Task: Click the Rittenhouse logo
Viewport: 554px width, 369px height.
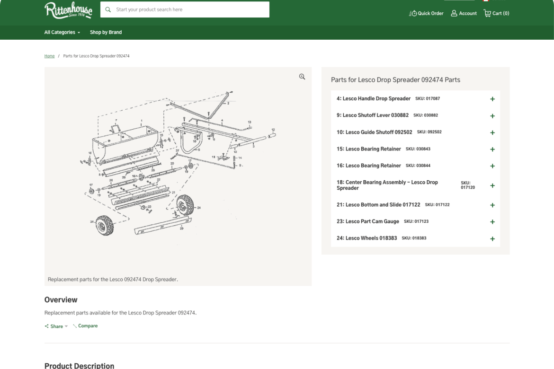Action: pyautogui.click(x=68, y=10)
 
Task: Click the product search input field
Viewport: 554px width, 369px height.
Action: pyautogui.click(x=189, y=9)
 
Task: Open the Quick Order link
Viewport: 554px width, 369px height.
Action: pyautogui.click(x=426, y=13)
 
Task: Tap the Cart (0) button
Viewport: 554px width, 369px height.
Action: pyautogui.click(x=496, y=13)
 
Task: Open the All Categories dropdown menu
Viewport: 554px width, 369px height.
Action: pyautogui.click(x=62, y=32)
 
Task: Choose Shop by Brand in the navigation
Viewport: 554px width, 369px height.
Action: pyautogui.click(x=106, y=32)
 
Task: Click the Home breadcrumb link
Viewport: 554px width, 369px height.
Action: pyautogui.click(x=49, y=56)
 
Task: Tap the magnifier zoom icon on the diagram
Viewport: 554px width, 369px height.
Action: pyautogui.click(x=302, y=77)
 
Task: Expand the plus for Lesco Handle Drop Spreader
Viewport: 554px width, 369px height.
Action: pyautogui.click(x=492, y=99)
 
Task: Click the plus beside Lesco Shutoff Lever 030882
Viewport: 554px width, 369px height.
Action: pyautogui.click(x=492, y=116)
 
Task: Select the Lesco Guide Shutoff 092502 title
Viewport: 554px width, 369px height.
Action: pyautogui.click(x=374, y=132)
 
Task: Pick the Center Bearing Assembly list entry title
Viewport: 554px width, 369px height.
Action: pyautogui.click(x=387, y=185)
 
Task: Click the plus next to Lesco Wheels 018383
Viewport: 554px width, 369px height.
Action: pyautogui.click(x=492, y=239)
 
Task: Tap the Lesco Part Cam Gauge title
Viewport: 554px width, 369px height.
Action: pyautogui.click(x=368, y=221)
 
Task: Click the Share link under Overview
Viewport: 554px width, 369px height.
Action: pyautogui.click(x=56, y=326)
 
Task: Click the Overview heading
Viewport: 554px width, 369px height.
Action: pyautogui.click(x=61, y=299)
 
